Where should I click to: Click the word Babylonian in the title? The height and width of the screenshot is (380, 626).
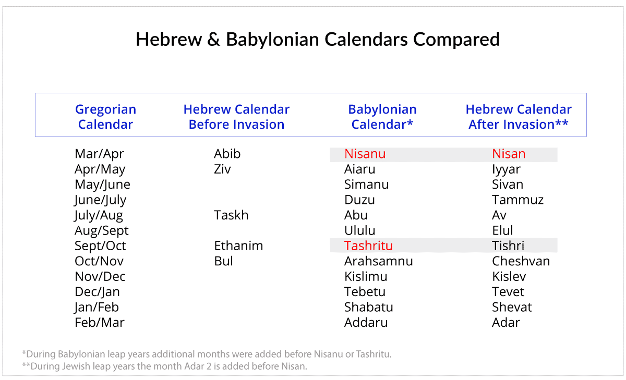point(272,40)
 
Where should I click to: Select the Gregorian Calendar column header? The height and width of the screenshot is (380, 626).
point(105,117)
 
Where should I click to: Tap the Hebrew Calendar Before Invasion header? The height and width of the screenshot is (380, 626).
point(236,117)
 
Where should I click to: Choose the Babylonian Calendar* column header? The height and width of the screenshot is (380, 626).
point(382,117)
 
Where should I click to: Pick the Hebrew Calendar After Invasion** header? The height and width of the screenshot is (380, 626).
point(519,117)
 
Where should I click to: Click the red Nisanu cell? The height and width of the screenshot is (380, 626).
point(365,154)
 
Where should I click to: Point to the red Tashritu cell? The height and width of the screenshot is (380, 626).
point(368,246)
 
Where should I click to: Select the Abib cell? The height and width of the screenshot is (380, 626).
point(227,154)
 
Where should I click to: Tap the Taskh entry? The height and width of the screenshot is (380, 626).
point(231,215)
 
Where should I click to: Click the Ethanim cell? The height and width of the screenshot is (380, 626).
point(238,246)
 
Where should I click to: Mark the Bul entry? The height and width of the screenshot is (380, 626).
point(223,261)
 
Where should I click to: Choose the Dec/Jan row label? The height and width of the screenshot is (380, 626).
point(97,292)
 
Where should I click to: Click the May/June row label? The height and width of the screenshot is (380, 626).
point(102,185)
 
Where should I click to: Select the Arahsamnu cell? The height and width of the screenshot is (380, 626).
point(378,261)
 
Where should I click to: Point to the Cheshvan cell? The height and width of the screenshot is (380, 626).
point(521,261)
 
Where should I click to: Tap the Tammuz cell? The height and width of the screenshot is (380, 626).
point(517,200)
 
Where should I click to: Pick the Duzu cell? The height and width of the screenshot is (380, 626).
point(359,200)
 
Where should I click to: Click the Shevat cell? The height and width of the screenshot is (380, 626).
point(512,307)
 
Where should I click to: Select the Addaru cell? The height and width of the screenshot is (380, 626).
point(366,323)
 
